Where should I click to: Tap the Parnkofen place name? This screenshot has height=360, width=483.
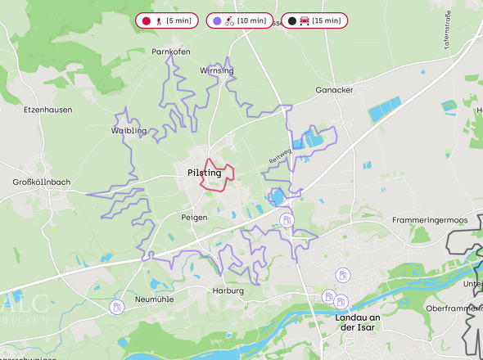pyautogui.click(x=171, y=52)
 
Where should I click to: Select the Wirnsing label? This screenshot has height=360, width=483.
pyautogui.click(x=216, y=71)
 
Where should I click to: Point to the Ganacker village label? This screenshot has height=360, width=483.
pyautogui.click(x=334, y=90)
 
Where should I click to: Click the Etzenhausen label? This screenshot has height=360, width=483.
pyautogui.click(x=48, y=109)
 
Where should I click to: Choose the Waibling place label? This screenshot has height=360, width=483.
pyautogui.click(x=129, y=130)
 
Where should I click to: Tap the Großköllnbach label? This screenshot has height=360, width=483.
pyautogui.click(x=42, y=182)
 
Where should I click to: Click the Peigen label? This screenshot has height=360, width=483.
pyautogui.click(x=194, y=218)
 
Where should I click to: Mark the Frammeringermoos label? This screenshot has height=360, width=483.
pyautogui.click(x=429, y=220)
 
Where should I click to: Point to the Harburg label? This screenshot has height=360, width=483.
pyautogui.click(x=228, y=291)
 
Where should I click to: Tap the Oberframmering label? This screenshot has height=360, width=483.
pyautogui.click(x=453, y=308)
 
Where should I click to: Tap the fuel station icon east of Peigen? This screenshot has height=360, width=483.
pyautogui.click(x=287, y=219)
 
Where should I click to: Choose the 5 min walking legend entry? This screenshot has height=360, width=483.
pyautogui.click(x=166, y=20)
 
